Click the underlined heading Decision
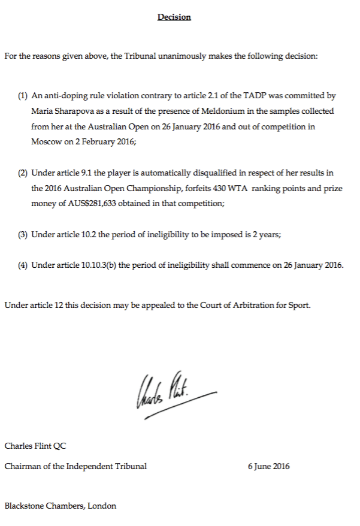[174, 17]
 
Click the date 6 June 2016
[268, 466]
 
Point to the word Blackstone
[26, 506]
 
